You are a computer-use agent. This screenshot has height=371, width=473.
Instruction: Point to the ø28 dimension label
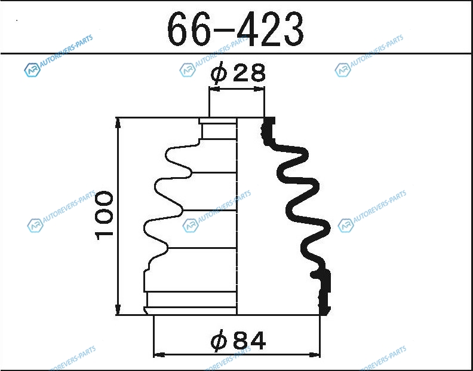tap(238, 73)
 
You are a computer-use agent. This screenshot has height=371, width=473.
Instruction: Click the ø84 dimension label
tap(238, 340)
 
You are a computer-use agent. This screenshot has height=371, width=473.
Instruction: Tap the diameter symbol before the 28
tap(219, 73)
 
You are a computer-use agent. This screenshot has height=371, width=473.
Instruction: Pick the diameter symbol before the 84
tap(219, 340)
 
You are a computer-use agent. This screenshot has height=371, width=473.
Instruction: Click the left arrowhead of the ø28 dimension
tap(214, 89)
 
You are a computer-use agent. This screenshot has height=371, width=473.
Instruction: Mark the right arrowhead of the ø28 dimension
tap(259, 89)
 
